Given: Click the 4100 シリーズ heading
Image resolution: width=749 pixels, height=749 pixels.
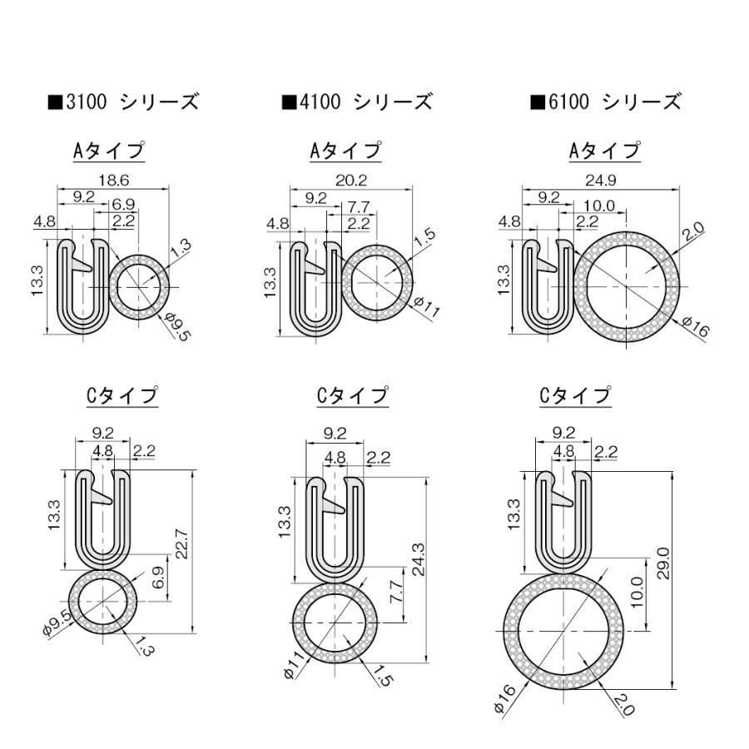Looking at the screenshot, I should pyautogui.click(x=357, y=102).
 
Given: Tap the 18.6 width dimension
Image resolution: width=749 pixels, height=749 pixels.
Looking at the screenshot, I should pyautogui.click(x=112, y=180).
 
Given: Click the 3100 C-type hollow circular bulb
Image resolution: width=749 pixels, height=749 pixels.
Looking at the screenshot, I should pyautogui.click(x=102, y=602).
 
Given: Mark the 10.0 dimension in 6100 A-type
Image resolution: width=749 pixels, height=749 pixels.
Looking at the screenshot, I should pyautogui.click(x=598, y=206).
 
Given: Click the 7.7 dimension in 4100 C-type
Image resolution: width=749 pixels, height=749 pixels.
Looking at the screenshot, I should pyautogui.click(x=396, y=593).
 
